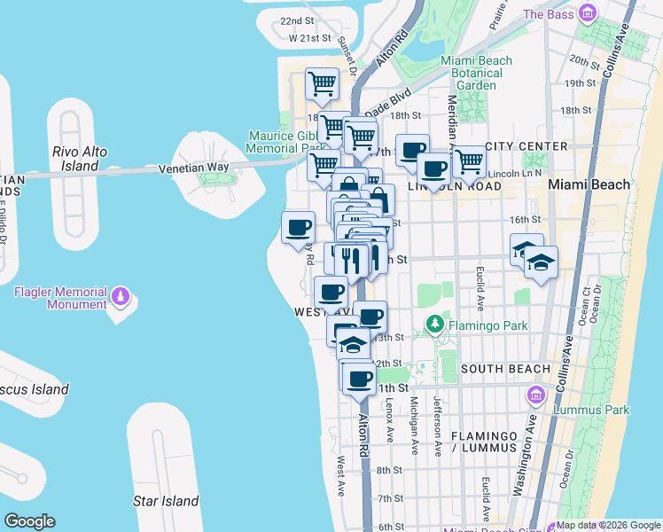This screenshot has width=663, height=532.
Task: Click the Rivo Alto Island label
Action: coord(80,159)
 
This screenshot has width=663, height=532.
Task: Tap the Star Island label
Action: coord(166,501)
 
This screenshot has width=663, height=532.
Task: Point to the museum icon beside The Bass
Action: coord(586,13)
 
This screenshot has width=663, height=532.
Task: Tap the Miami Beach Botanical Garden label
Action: coord(477,73)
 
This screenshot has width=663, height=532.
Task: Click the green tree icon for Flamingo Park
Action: coord(434,325)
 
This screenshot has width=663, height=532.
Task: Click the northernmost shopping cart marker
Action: coord(322,84)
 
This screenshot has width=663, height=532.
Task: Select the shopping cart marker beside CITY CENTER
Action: coord(469,161)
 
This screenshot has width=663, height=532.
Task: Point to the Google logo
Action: coord(29,520)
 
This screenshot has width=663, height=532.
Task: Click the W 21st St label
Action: coord(309,39)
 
